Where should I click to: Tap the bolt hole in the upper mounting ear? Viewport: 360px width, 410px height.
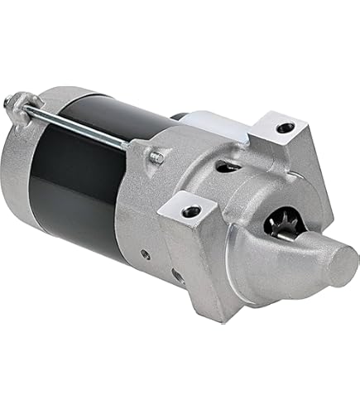285,128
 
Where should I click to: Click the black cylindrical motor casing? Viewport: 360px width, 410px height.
108,174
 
